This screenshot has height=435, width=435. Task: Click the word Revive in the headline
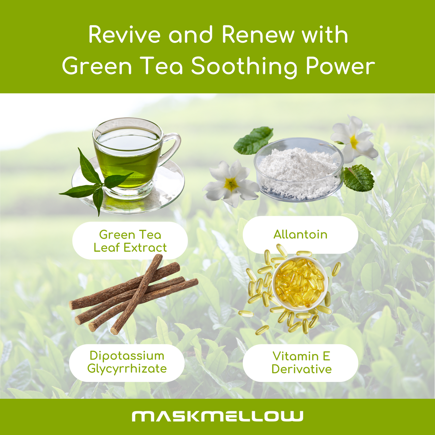[125, 35]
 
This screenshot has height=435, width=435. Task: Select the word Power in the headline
[340, 67]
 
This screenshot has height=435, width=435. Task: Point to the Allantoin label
[300, 235]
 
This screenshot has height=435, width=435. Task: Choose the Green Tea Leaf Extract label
[130, 241]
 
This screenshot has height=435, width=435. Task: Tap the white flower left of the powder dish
[231, 183]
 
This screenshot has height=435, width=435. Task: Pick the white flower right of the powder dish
[353, 140]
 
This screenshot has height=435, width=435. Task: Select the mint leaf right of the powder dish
[359, 178]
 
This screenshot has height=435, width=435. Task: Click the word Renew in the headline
[259, 35]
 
